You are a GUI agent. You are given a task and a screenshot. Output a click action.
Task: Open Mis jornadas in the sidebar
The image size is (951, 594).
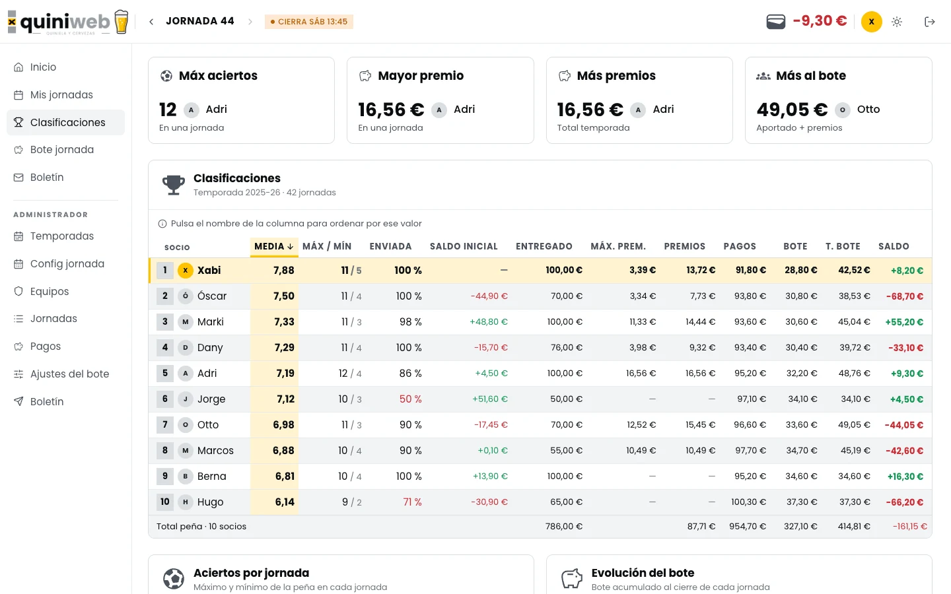[61, 94]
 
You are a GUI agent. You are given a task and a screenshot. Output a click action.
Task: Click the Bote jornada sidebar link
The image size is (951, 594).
[61, 150]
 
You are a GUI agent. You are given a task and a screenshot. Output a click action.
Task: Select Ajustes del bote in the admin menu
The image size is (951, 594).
[69, 374]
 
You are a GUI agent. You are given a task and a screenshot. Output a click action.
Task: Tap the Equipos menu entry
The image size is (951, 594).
[50, 292]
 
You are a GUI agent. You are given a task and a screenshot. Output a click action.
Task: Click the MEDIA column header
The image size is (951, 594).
[274, 247]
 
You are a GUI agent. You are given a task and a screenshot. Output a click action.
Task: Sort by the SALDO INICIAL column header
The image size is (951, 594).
[464, 247]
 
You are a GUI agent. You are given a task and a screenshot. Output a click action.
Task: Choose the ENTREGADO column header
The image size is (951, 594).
[544, 247]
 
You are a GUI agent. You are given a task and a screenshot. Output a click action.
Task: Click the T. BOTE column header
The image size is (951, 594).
[843, 247]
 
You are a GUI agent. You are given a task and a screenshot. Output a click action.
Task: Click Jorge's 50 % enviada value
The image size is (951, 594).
[410, 399]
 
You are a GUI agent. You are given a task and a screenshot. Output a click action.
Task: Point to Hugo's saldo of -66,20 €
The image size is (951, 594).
[904, 502]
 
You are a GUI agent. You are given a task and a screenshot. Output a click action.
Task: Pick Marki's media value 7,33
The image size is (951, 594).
[284, 322]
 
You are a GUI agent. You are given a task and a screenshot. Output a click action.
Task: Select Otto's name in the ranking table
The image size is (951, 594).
[208, 425]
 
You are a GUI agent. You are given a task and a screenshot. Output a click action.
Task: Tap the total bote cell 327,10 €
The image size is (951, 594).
[800, 527]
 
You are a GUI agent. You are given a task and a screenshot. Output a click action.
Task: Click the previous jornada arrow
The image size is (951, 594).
[151, 22]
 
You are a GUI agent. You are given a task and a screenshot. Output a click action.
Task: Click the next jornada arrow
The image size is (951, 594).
[250, 22]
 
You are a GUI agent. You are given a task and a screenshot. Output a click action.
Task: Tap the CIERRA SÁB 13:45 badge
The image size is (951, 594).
[308, 22]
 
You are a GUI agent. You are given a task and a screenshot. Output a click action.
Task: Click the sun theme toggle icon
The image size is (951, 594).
[897, 22]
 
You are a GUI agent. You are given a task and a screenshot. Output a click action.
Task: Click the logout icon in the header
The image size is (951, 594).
[929, 22]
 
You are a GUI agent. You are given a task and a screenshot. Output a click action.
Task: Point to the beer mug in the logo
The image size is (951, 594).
[122, 22]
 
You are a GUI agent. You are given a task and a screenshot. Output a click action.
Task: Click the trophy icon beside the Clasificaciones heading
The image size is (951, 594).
[174, 185]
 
